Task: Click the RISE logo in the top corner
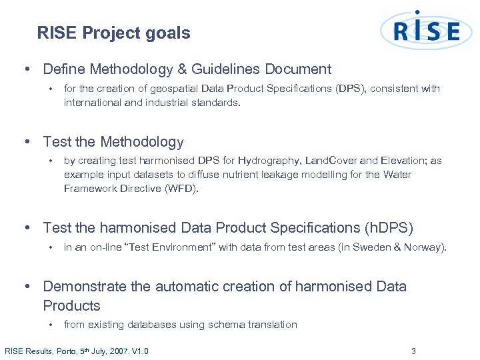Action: (427, 31)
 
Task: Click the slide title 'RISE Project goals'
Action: (113, 33)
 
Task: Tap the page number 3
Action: (413, 351)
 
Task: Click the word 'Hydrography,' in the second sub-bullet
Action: (273, 161)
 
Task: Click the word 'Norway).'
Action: (429, 247)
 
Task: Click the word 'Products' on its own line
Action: (71, 306)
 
